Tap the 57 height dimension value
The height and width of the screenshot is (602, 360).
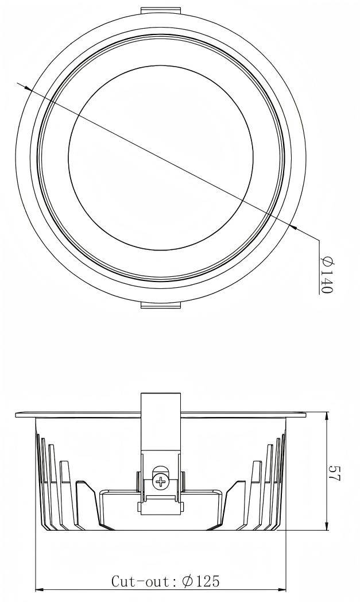tap(332, 472)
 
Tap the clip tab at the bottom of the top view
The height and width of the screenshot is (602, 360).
tap(161, 304)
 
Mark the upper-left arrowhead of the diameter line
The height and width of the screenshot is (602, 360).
tap(27, 87)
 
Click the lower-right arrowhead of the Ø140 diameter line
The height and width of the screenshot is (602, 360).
tap(293, 227)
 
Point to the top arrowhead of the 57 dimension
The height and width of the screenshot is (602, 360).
tap(326, 416)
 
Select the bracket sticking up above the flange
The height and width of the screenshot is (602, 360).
tap(161, 402)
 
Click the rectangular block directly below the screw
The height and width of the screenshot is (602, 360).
tap(161, 504)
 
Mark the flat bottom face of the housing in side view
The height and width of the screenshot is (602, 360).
tap(161, 529)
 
